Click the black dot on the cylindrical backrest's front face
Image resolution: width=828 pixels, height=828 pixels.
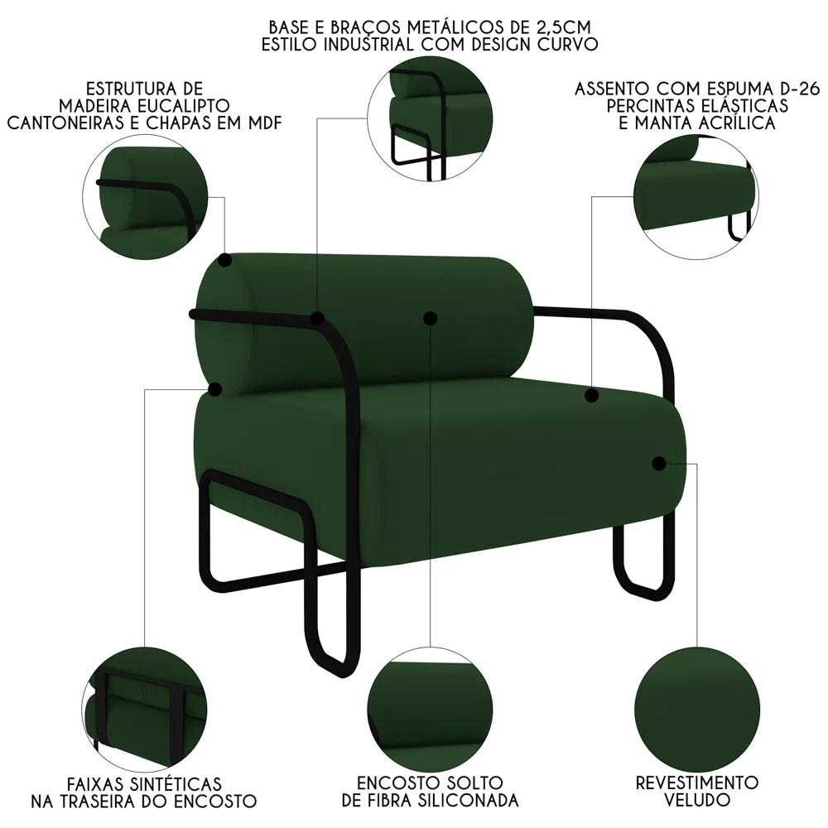[x=429, y=318]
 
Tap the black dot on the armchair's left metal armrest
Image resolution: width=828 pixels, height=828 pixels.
[x=317, y=318]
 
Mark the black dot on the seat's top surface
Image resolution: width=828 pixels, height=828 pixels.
[x=591, y=396]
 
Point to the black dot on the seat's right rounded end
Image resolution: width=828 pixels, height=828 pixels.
[x=659, y=463]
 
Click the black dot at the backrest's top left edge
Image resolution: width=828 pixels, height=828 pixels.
[x=225, y=260]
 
